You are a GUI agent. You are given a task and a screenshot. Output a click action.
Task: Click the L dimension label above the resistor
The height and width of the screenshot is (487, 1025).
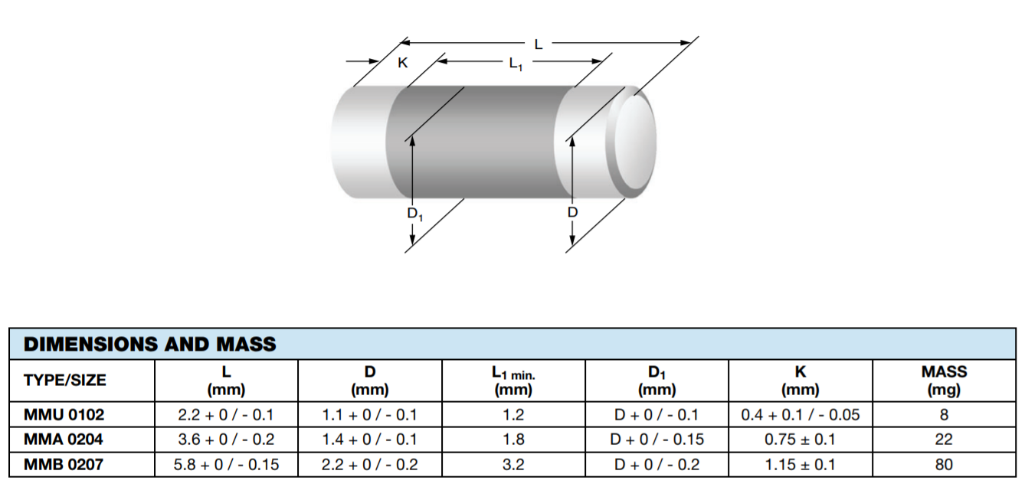(x=539, y=44)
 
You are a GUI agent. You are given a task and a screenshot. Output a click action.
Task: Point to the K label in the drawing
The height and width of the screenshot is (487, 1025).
(x=402, y=64)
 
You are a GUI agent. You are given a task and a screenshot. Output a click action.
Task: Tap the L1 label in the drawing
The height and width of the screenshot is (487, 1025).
(x=516, y=65)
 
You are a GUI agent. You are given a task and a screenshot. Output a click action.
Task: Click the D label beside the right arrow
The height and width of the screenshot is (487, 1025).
(x=571, y=211)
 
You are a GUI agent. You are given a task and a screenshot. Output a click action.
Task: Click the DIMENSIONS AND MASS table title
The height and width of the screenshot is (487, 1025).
(x=150, y=344)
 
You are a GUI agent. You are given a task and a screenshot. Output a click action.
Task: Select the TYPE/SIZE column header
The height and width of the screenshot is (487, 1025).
(x=65, y=380)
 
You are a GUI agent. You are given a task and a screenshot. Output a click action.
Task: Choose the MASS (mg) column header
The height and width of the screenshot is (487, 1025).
(x=944, y=380)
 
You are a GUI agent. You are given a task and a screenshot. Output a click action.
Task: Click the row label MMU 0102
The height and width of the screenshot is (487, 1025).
(x=64, y=415)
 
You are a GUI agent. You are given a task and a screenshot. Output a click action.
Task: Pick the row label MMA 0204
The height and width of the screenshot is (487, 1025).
(x=64, y=440)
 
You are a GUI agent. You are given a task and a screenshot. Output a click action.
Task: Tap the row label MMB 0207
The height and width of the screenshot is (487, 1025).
(x=64, y=464)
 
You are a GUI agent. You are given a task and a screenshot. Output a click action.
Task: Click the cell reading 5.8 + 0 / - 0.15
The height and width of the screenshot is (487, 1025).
(x=226, y=464)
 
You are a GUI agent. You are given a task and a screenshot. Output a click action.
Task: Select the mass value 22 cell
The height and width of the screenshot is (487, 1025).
(x=944, y=440)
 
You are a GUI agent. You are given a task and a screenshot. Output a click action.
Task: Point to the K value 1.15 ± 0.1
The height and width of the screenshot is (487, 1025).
(x=801, y=464)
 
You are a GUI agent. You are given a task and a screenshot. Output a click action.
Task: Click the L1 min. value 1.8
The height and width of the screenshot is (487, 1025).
(x=513, y=440)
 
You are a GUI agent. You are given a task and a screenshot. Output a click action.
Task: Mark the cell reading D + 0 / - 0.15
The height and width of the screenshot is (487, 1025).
(x=657, y=440)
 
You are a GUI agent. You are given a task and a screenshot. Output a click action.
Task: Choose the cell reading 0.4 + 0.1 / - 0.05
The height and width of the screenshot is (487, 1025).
(x=801, y=415)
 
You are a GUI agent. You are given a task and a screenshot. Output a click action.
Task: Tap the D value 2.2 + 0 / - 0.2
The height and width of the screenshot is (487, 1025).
(x=369, y=464)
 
